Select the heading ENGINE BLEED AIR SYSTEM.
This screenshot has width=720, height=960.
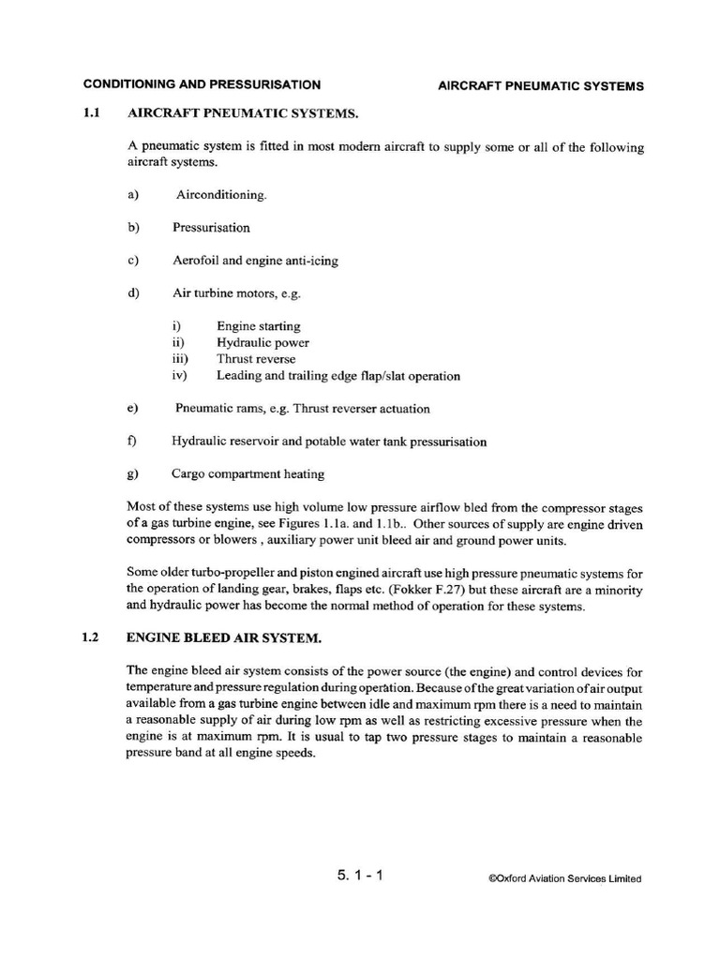[224, 638]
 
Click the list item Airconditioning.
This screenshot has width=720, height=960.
[221, 195]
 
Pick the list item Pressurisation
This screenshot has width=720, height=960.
[211, 228]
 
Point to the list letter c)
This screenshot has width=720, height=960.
[131, 260]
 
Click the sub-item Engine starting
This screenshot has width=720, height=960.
[259, 326]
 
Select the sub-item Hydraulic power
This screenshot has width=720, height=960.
[262, 343]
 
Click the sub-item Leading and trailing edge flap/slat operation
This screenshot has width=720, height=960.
[338, 376]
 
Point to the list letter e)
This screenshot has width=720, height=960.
[131, 409]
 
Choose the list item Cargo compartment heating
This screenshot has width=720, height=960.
[248, 474]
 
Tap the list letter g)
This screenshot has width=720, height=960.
[131, 474]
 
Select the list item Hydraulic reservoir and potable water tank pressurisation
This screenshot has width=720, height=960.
[329, 442]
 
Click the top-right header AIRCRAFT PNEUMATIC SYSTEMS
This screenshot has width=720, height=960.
[541, 86]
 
